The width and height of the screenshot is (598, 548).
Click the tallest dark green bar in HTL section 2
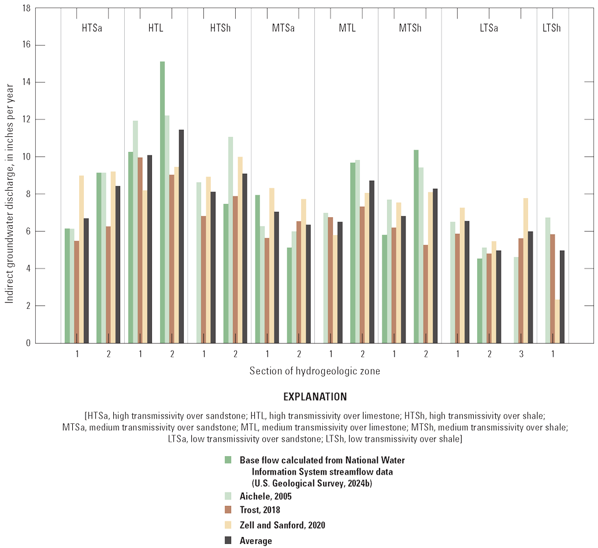(x=162, y=202)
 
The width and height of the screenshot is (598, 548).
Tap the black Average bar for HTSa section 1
(x=86, y=281)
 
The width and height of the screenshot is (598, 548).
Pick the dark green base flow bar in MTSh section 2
(x=416, y=246)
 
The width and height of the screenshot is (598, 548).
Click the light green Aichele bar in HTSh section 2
(x=231, y=240)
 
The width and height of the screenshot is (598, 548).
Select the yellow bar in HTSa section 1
(x=81, y=259)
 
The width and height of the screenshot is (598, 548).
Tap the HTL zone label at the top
(x=155, y=28)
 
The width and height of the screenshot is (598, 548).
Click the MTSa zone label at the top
(x=283, y=28)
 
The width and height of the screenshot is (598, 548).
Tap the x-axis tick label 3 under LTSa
(x=521, y=353)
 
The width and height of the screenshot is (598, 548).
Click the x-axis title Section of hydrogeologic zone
(x=315, y=371)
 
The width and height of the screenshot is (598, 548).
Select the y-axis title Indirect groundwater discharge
(x=9, y=176)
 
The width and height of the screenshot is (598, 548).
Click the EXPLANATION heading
(x=315, y=397)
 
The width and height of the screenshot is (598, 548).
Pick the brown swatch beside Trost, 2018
(x=228, y=510)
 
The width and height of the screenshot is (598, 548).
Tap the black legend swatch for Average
(x=228, y=540)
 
